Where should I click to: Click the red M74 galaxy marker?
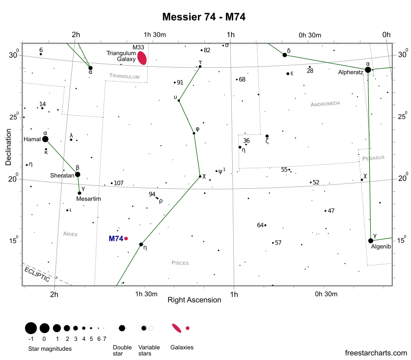point(126,239)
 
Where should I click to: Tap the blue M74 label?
point(115,239)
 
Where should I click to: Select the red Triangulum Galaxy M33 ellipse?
point(142,58)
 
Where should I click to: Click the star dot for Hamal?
point(45,139)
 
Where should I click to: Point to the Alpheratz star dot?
point(368,70)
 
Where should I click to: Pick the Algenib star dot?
point(371,241)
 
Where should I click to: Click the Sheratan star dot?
point(78,174)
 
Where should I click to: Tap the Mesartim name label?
point(88,199)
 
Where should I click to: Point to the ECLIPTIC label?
point(37,273)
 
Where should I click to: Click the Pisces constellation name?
point(180,263)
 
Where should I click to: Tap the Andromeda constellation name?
point(325,104)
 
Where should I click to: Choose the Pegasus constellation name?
point(374,158)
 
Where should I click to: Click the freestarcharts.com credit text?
point(376,353)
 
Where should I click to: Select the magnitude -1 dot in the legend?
point(30,328)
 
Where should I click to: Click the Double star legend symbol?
point(122,328)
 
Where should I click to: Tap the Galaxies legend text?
point(182,347)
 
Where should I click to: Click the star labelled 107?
point(112,183)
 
